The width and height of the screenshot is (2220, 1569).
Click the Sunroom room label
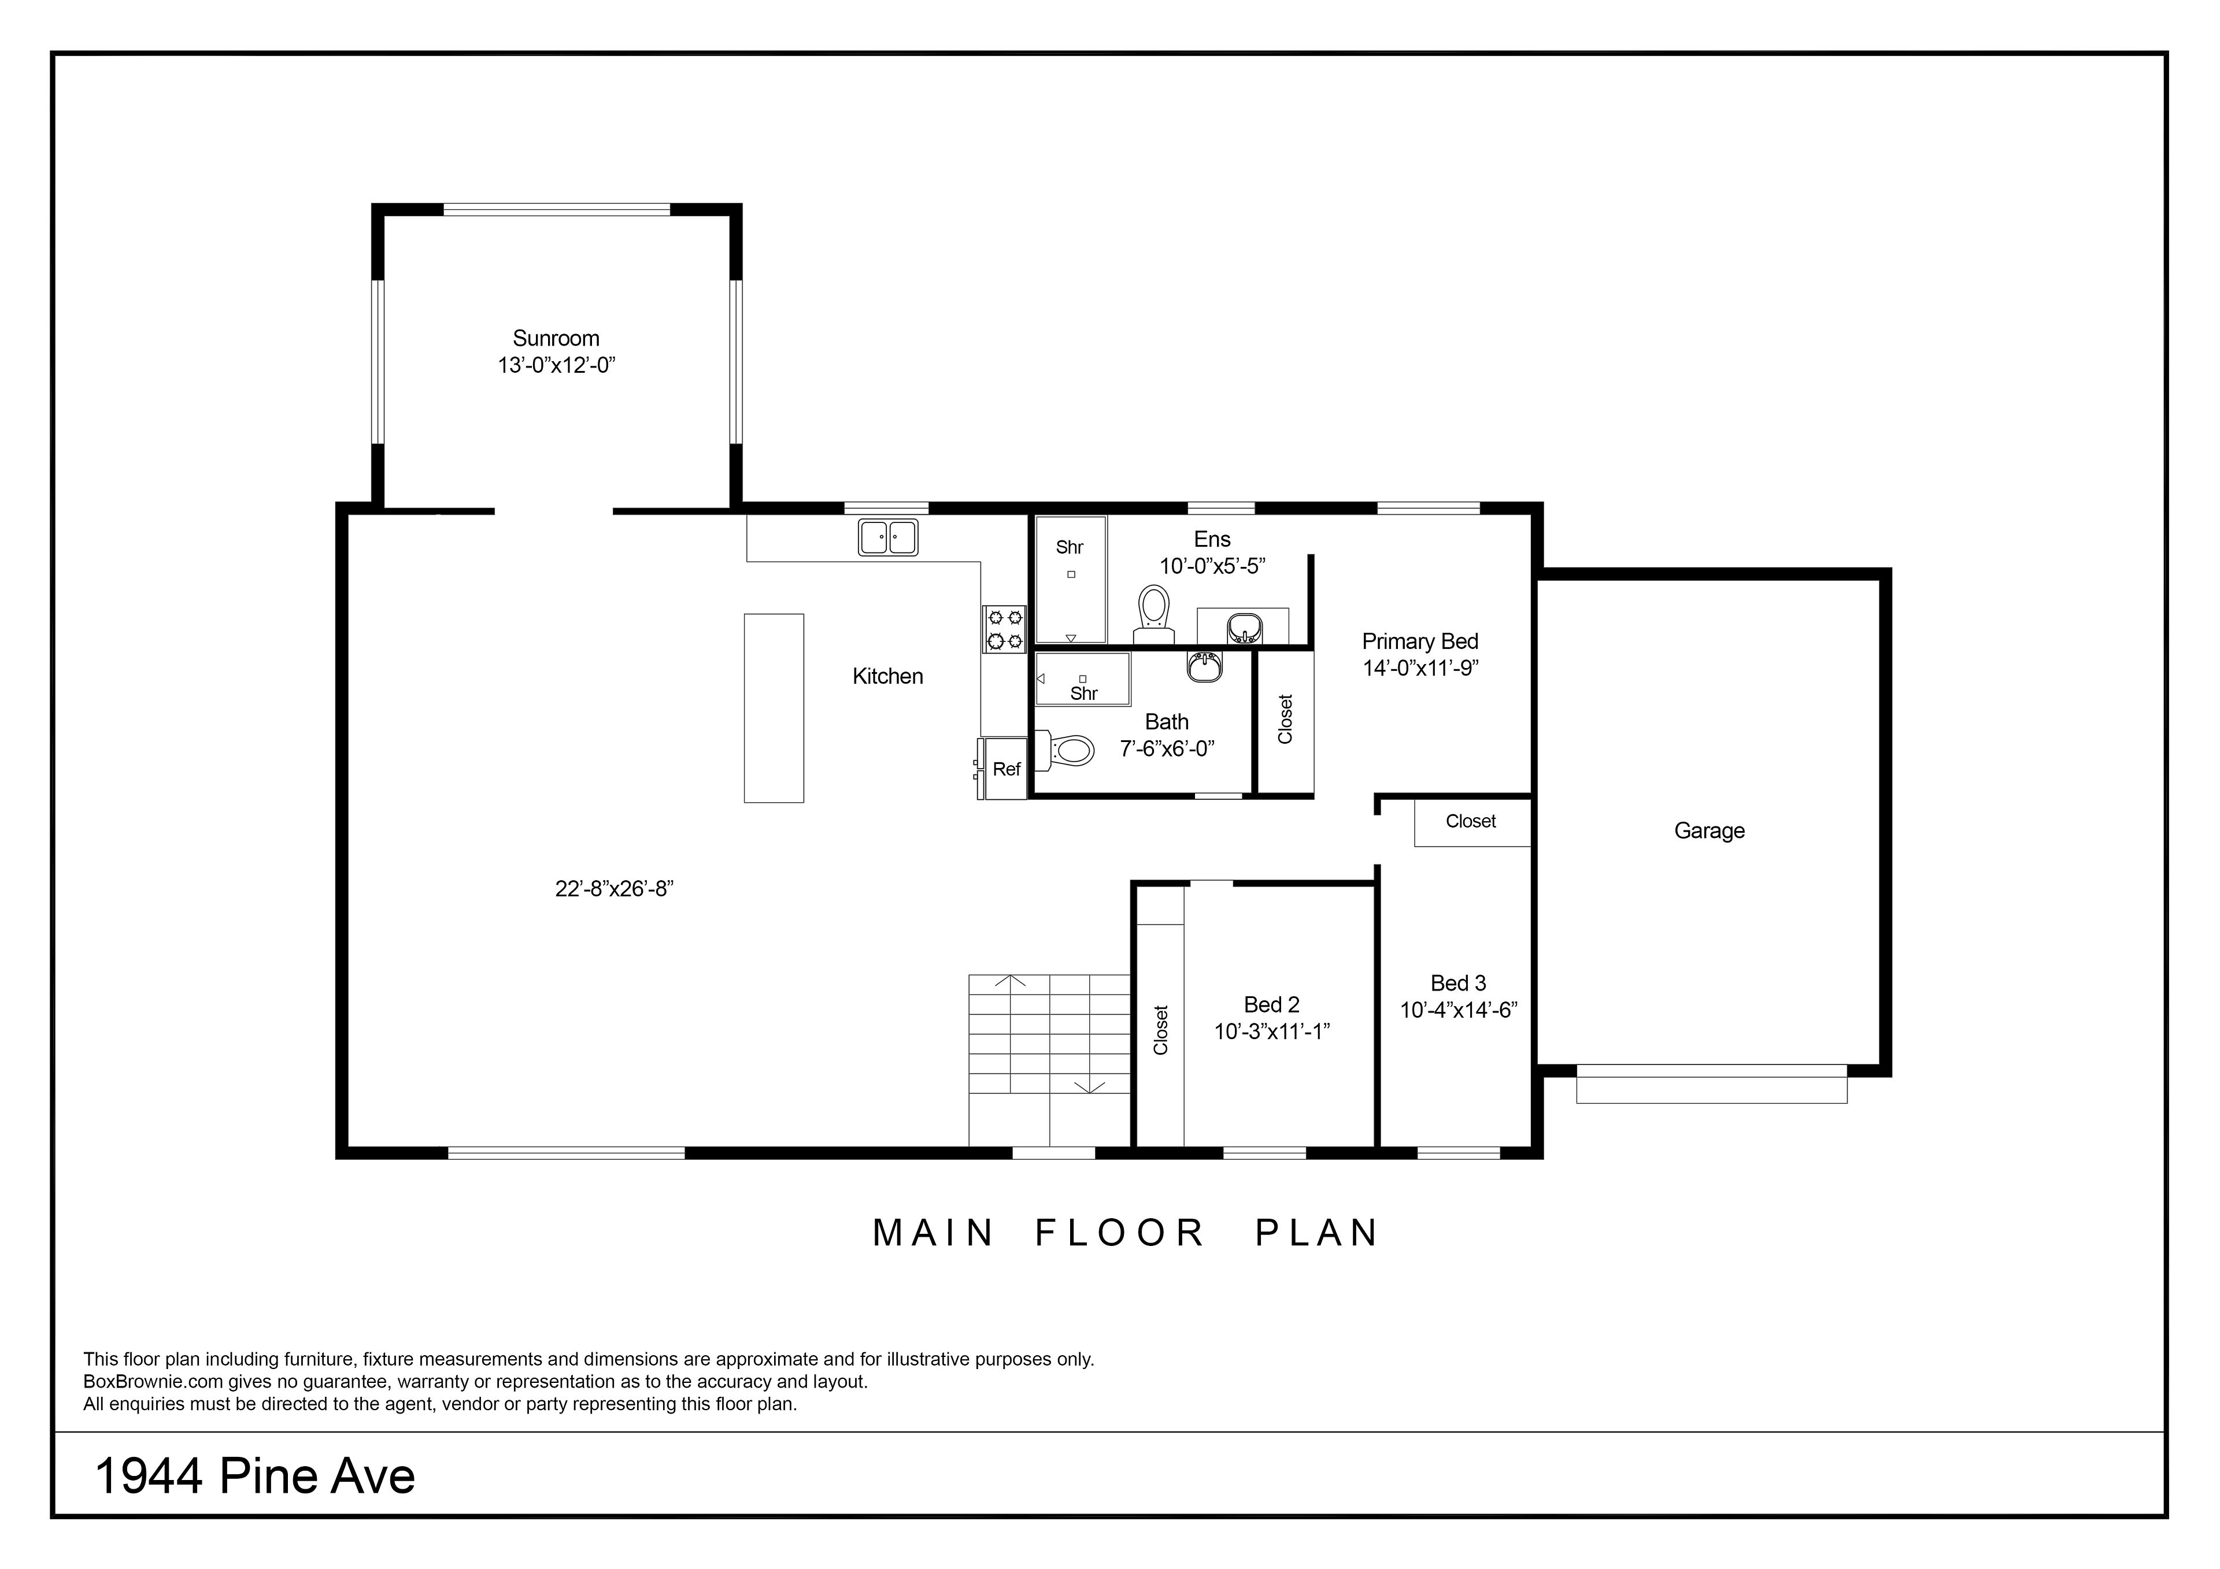[x=556, y=338]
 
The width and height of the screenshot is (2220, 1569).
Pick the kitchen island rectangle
[x=774, y=708]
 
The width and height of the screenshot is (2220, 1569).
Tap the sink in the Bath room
[x=1205, y=667]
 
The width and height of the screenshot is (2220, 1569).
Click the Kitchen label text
[x=887, y=677]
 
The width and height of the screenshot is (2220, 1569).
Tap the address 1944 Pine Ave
[x=256, y=1476]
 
